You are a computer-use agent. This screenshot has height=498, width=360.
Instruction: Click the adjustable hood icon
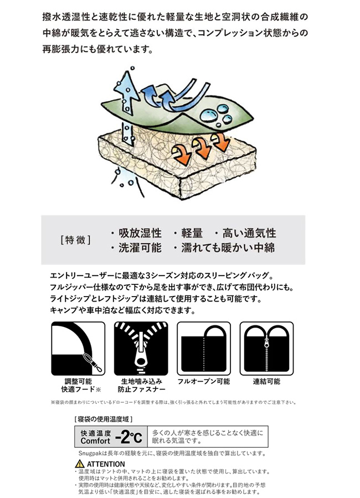78,349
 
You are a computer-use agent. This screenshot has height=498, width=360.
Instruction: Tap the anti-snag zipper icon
141,349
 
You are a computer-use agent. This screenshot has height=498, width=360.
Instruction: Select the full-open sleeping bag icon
204,349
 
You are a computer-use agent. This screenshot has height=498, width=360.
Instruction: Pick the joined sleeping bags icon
266,349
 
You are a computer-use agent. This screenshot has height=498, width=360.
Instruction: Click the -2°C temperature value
128,437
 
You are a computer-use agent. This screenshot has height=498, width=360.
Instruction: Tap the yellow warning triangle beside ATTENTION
80,464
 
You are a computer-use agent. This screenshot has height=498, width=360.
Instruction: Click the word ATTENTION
106,464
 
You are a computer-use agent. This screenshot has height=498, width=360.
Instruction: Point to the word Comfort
95,441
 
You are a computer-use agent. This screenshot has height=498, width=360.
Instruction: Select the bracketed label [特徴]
76,240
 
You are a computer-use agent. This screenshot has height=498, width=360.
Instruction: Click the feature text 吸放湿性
140,233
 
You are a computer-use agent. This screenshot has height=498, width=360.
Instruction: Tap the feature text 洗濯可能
140,248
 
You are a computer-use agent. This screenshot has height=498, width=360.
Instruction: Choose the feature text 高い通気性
249,233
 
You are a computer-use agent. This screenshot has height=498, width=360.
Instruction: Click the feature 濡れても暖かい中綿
228,248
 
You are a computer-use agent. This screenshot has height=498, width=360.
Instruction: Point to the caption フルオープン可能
203,381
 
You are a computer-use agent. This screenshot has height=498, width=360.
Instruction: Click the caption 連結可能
266,381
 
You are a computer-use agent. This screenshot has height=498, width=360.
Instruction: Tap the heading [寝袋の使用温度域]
104,419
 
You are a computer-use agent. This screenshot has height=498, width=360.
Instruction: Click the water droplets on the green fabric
217,115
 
